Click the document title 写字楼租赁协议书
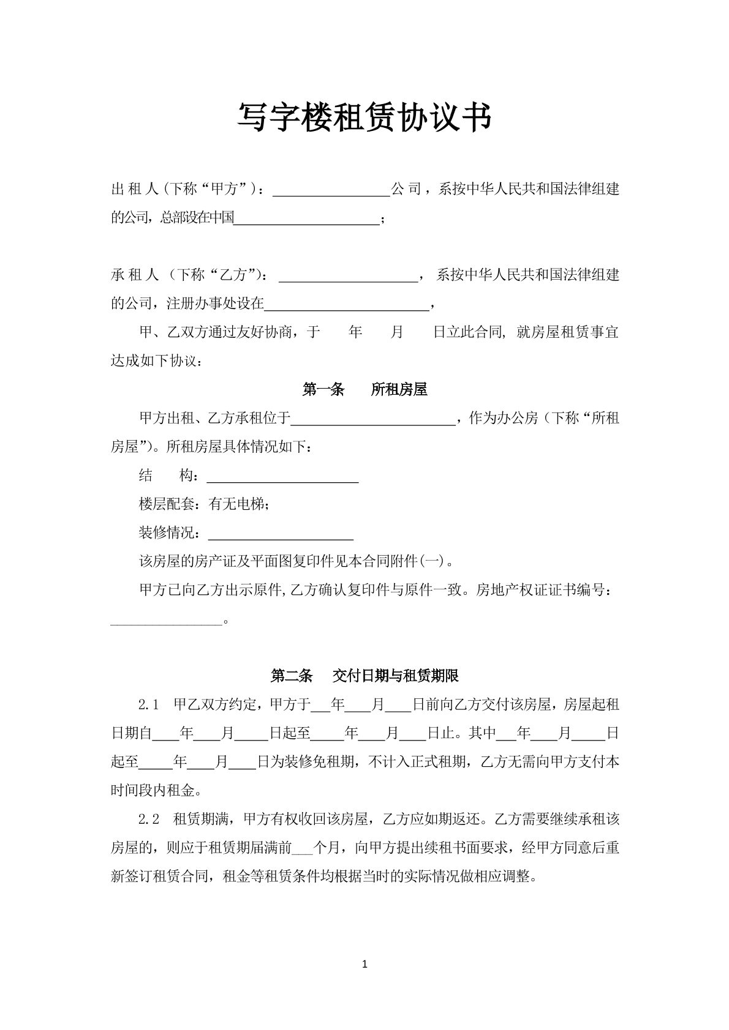(364, 117)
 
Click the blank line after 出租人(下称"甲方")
(331, 191)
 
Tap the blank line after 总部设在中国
(307, 219)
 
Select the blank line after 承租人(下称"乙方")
(348, 277)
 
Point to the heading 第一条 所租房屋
(364, 390)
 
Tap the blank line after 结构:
(282, 477)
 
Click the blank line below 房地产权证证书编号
(166, 621)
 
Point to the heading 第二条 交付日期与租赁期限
(364, 676)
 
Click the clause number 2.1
(149, 705)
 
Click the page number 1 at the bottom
(365, 965)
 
